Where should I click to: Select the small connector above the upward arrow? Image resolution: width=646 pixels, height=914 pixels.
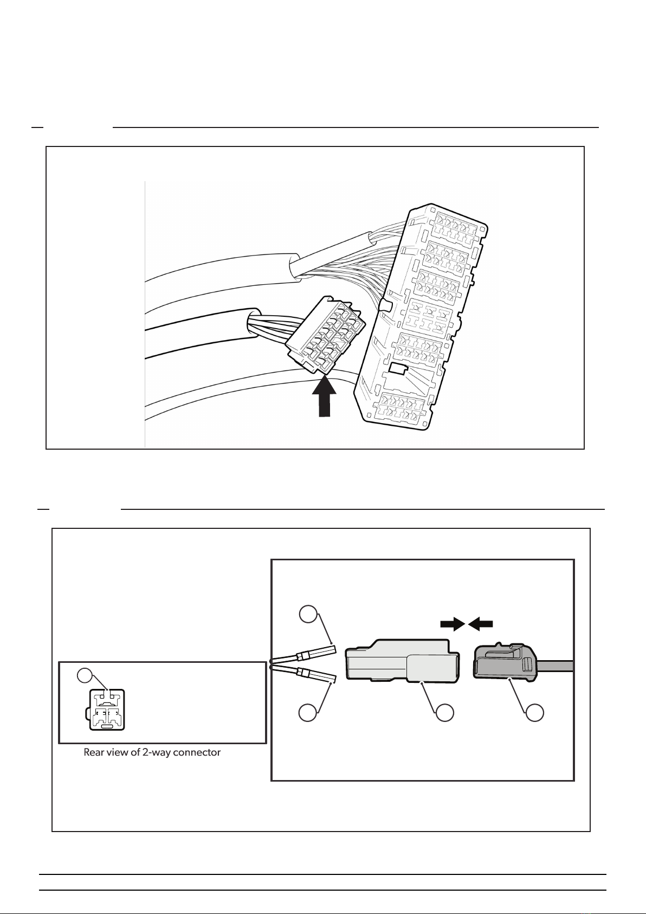click(x=325, y=334)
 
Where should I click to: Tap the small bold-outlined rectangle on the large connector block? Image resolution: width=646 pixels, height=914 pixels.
click(x=399, y=368)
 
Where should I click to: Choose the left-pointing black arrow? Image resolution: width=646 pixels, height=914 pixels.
click(x=481, y=623)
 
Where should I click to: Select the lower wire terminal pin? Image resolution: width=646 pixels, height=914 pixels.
click(x=316, y=674)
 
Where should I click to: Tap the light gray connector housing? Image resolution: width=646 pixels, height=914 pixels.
click(x=402, y=660)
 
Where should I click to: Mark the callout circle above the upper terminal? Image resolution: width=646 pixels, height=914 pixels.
click(x=308, y=615)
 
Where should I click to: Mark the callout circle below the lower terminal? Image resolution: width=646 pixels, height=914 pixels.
click(x=308, y=713)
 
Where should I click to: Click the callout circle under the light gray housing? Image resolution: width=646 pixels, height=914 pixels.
click(x=444, y=713)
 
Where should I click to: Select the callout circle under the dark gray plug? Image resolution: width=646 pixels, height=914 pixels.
click(x=534, y=713)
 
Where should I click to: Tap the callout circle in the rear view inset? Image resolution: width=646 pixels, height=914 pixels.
click(x=85, y=675)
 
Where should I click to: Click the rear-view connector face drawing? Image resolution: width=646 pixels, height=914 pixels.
click(x=106, y=710)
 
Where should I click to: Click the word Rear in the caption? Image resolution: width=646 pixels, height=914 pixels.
click(x=94, y=752)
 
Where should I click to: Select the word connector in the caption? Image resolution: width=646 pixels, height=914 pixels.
click(x=197, y=752)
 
